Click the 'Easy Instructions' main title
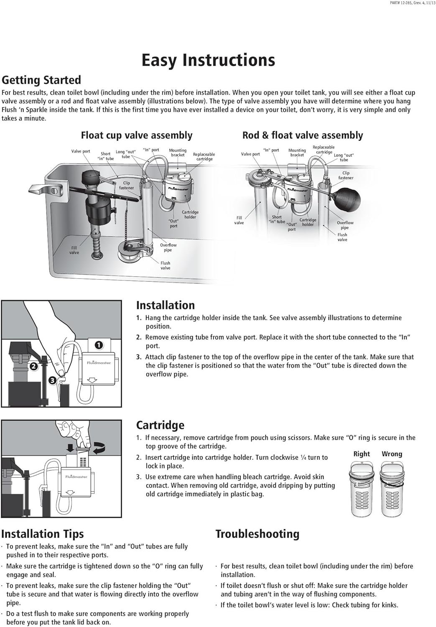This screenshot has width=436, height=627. (208, 60)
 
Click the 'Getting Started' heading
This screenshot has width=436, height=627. (41, 80)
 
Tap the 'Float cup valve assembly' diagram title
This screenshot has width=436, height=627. (137, 135)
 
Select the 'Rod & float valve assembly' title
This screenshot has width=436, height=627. (303, 135)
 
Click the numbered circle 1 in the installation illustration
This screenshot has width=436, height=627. (99, 345)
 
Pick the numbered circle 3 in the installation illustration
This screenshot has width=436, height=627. (52, 380)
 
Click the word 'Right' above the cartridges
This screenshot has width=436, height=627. (362, 454)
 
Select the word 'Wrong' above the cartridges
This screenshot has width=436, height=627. (392, 454)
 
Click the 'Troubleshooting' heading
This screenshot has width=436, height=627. (258, 534)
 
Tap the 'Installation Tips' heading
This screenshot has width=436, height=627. (43, 534)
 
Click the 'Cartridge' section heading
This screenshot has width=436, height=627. (160, 425)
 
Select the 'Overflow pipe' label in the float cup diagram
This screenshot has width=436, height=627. (168, 247)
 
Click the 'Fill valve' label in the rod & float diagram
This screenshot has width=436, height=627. (239, 220)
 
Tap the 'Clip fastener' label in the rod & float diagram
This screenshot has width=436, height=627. (346, 176)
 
